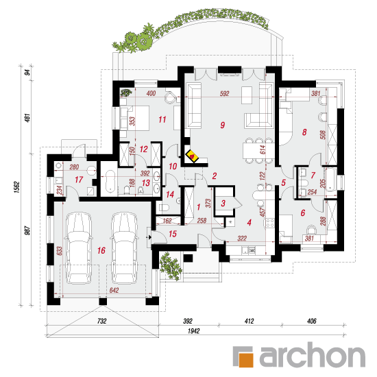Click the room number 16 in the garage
click(101, 250)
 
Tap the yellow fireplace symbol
click(192, 156)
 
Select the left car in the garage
click(78, 247)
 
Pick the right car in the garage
click(125, 247)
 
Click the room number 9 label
click(223, 125)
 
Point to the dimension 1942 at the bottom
click(194, 331)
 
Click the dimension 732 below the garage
click(101, 321)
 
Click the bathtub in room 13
click(110, 181)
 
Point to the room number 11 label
click(162, 119)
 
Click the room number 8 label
click(304, 132)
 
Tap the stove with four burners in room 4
click(270, 223)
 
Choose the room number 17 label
click(79, 180)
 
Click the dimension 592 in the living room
click(224, 93)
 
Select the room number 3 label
click(223, 203)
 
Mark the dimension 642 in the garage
click(114, 290)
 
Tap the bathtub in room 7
click(330, 180)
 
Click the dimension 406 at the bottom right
click(312, 321)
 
